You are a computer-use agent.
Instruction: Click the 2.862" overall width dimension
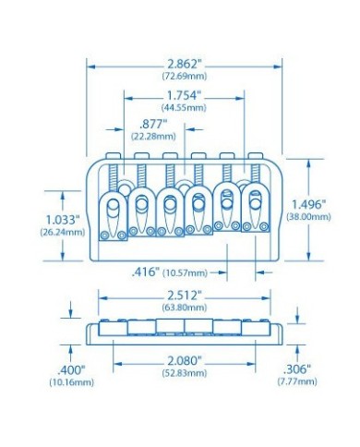[185, 64]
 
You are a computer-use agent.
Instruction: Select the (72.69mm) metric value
[185, 76]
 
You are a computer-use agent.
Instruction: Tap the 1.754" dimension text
[185, 96]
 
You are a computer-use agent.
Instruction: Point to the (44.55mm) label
[184, 108]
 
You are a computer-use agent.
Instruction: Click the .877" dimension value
[153, 125]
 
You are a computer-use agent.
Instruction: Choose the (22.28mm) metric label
[153, 136]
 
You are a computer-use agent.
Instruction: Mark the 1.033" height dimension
[63, 220]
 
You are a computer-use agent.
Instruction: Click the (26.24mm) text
[63, 232]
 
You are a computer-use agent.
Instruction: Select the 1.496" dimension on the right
[308, 204]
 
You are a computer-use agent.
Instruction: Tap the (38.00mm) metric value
[308, 217]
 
